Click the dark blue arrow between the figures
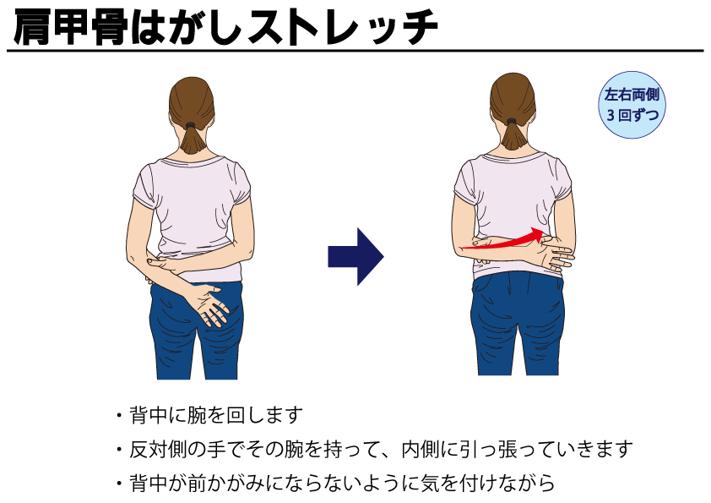click(355, 257)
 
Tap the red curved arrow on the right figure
click(503, 242)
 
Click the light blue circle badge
click(632, 105)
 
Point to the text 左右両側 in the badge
click(632, 95)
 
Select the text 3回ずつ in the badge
click(632, 115)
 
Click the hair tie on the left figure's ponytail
click(191, 124)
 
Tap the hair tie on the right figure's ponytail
click(512, 121)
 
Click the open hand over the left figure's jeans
click(209, 303)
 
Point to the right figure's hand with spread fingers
click(556, 256)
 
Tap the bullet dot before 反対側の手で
click(119, 450)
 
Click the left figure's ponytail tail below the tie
click(192, 140)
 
